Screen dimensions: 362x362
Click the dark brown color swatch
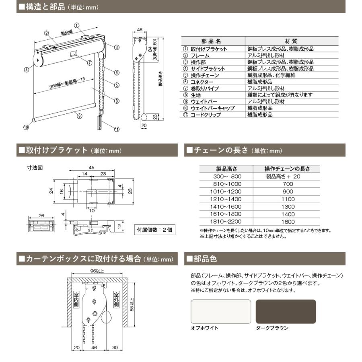click(286, 311)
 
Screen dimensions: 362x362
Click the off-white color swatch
click(220, 311)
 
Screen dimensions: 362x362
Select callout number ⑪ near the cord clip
click(117, 130)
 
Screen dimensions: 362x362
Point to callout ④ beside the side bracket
click(26, 69)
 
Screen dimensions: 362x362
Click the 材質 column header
click(292, 41)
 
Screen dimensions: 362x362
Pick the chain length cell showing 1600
click(287, 222)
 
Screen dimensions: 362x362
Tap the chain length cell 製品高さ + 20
click(287, 176)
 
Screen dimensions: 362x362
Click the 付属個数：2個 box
click(154, 230)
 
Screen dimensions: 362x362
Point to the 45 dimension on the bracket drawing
click(91, 167)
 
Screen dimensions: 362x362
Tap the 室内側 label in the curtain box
click(75, 299)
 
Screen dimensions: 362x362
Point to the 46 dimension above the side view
click(140, 30)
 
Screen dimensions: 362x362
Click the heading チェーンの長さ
click(221, 150)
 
